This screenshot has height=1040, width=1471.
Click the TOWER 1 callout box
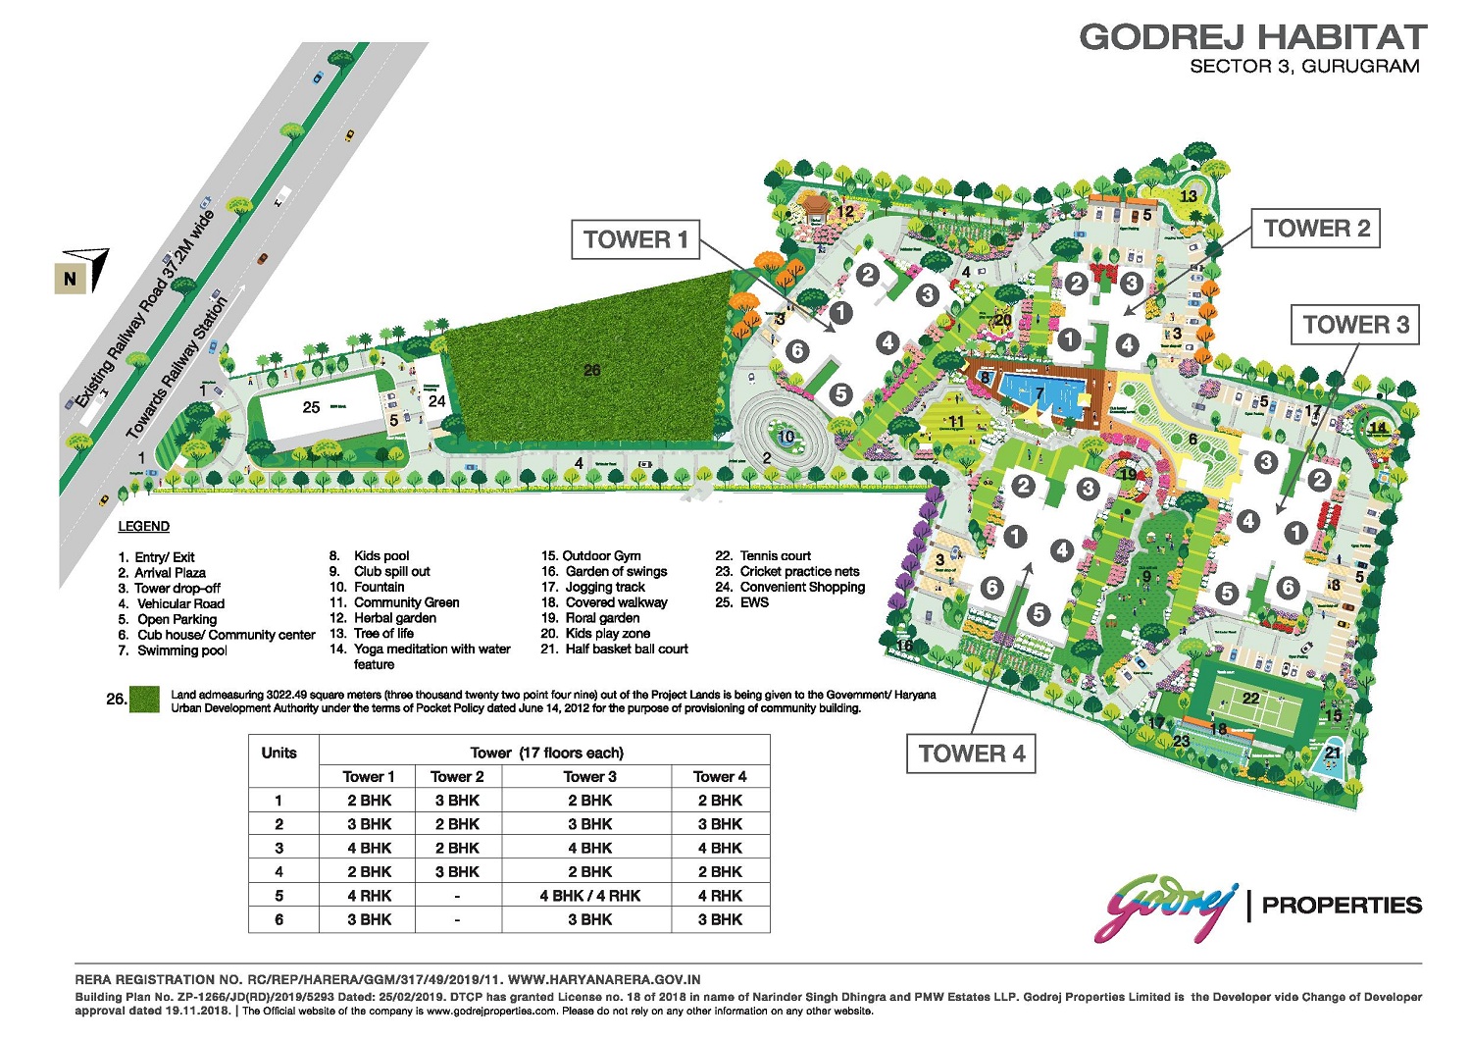[x=635, y=239]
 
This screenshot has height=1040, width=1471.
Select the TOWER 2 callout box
[x=1316, y=229]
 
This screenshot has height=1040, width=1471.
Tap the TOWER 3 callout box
[x=1355, y=325]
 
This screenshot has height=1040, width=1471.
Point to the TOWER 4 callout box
[x=971, y=754]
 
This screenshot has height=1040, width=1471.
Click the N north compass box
[x=70, y=279]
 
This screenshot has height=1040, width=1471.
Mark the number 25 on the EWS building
[x=311, y=407]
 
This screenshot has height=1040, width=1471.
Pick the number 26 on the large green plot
[x=591, y=370]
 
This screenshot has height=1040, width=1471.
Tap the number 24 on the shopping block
[x=436, y=401]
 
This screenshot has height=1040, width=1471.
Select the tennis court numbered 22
[x=1251, y=701]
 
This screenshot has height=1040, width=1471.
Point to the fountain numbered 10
[x=786, y=438]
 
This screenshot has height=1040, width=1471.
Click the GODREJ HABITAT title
[x=1252, y=37]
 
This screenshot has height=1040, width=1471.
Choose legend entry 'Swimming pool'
[x=181, y=650]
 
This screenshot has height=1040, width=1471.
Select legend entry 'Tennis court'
[x=775, y=555]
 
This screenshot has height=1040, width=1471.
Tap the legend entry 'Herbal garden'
[x=394, y=618]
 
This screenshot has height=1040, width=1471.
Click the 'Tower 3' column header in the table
[x=589, y=776]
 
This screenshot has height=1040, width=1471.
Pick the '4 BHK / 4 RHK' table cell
[x=589, y=896]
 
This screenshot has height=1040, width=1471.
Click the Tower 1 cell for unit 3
[x=369, y=848]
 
